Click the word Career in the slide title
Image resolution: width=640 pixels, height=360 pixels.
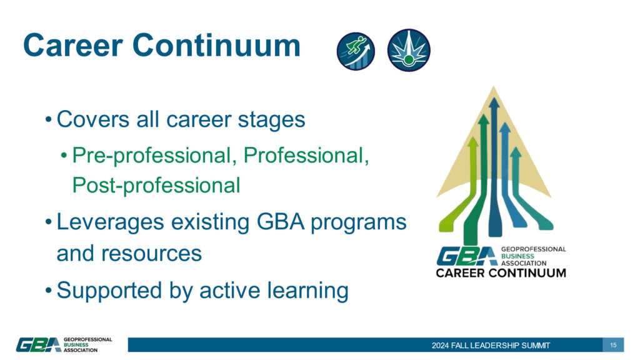(73, 45)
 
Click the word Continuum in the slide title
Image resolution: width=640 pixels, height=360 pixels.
(216, 45)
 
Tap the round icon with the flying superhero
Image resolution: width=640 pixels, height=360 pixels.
(356, 51)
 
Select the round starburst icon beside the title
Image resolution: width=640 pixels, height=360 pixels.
(409, 50)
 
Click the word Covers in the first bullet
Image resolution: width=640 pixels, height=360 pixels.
(92, 119)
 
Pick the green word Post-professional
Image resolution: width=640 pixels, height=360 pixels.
(156, 186)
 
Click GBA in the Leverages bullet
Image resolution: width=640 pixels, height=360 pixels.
(281, 222)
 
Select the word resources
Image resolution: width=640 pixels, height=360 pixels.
(151, 254)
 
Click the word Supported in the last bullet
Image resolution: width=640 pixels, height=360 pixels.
(109, 291)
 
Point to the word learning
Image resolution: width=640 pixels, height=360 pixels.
(307, 291)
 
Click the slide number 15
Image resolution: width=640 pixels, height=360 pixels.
(613, 345)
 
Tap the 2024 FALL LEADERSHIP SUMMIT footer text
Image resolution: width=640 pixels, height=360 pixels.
(491, 345)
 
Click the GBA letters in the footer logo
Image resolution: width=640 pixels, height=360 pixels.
(38, 344)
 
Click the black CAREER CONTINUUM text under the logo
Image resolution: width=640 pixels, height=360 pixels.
(501, 272)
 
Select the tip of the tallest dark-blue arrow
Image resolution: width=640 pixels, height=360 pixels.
(494, 98)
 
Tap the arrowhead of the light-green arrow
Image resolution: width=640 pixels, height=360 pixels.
(472, 142)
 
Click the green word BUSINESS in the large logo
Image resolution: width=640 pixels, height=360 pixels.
(517, 256)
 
